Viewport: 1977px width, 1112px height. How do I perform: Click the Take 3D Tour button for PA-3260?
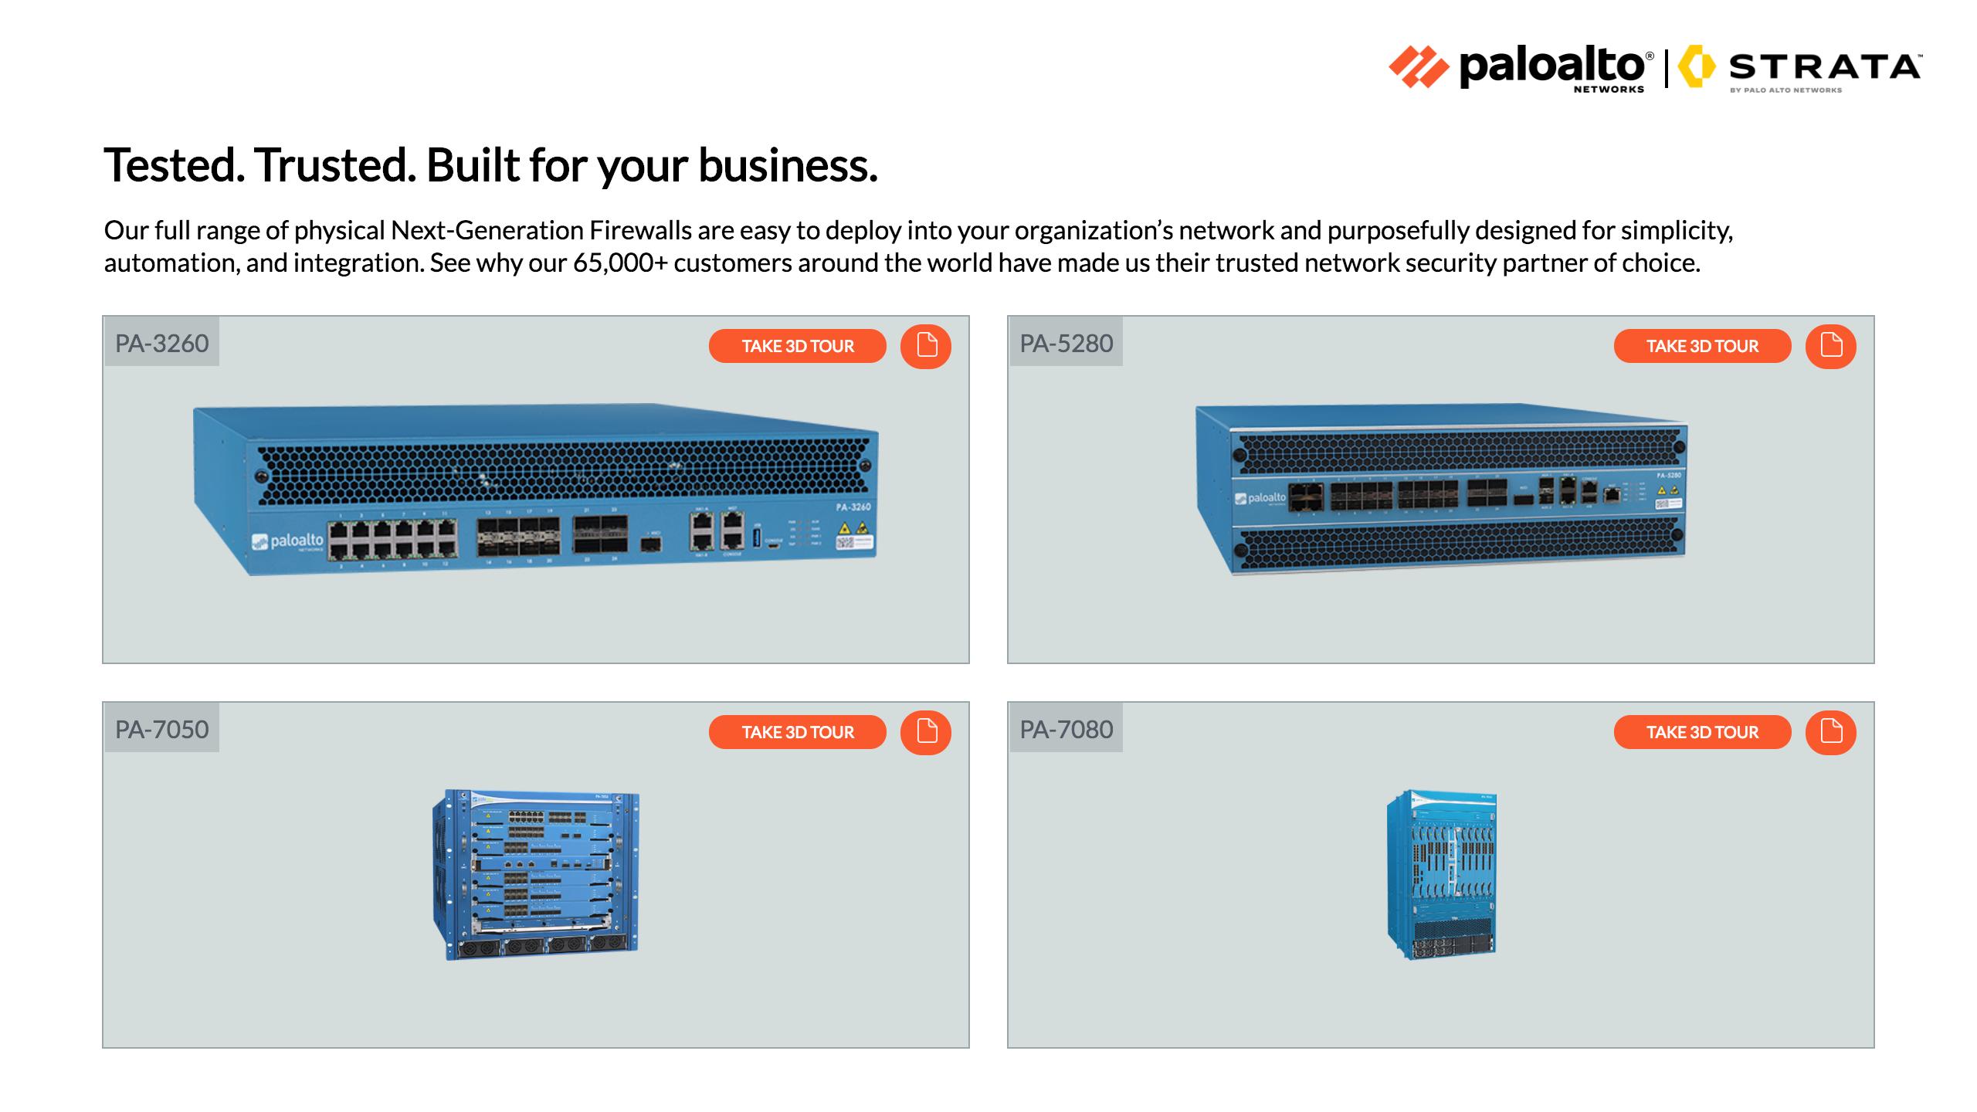pos(797,346)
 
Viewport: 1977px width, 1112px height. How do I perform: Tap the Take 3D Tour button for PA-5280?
pos(1702,346)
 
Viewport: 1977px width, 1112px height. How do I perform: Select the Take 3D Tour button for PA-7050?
pos(797,732)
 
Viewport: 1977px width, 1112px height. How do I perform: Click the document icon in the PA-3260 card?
pos(926,346)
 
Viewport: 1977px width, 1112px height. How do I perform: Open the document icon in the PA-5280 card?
pos(1830,346)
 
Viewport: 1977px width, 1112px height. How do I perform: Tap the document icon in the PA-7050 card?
pos(926,732)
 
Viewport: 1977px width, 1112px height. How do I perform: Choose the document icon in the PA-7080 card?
pos(1830,732)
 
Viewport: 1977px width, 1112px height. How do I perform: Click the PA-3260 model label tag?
pos(162,343)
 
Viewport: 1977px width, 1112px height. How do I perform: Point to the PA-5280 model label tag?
pos(1066,343)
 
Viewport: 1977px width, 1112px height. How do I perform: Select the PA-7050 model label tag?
pos(162,729)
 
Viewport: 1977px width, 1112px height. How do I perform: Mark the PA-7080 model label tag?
pos(1066,729)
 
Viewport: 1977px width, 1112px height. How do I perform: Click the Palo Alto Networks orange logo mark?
pos(1419,67)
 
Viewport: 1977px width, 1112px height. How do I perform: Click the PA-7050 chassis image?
pos(536,874)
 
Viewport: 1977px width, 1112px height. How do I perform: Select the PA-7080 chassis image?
pos(1441,874)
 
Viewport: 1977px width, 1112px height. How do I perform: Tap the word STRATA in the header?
pos(1824,68)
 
